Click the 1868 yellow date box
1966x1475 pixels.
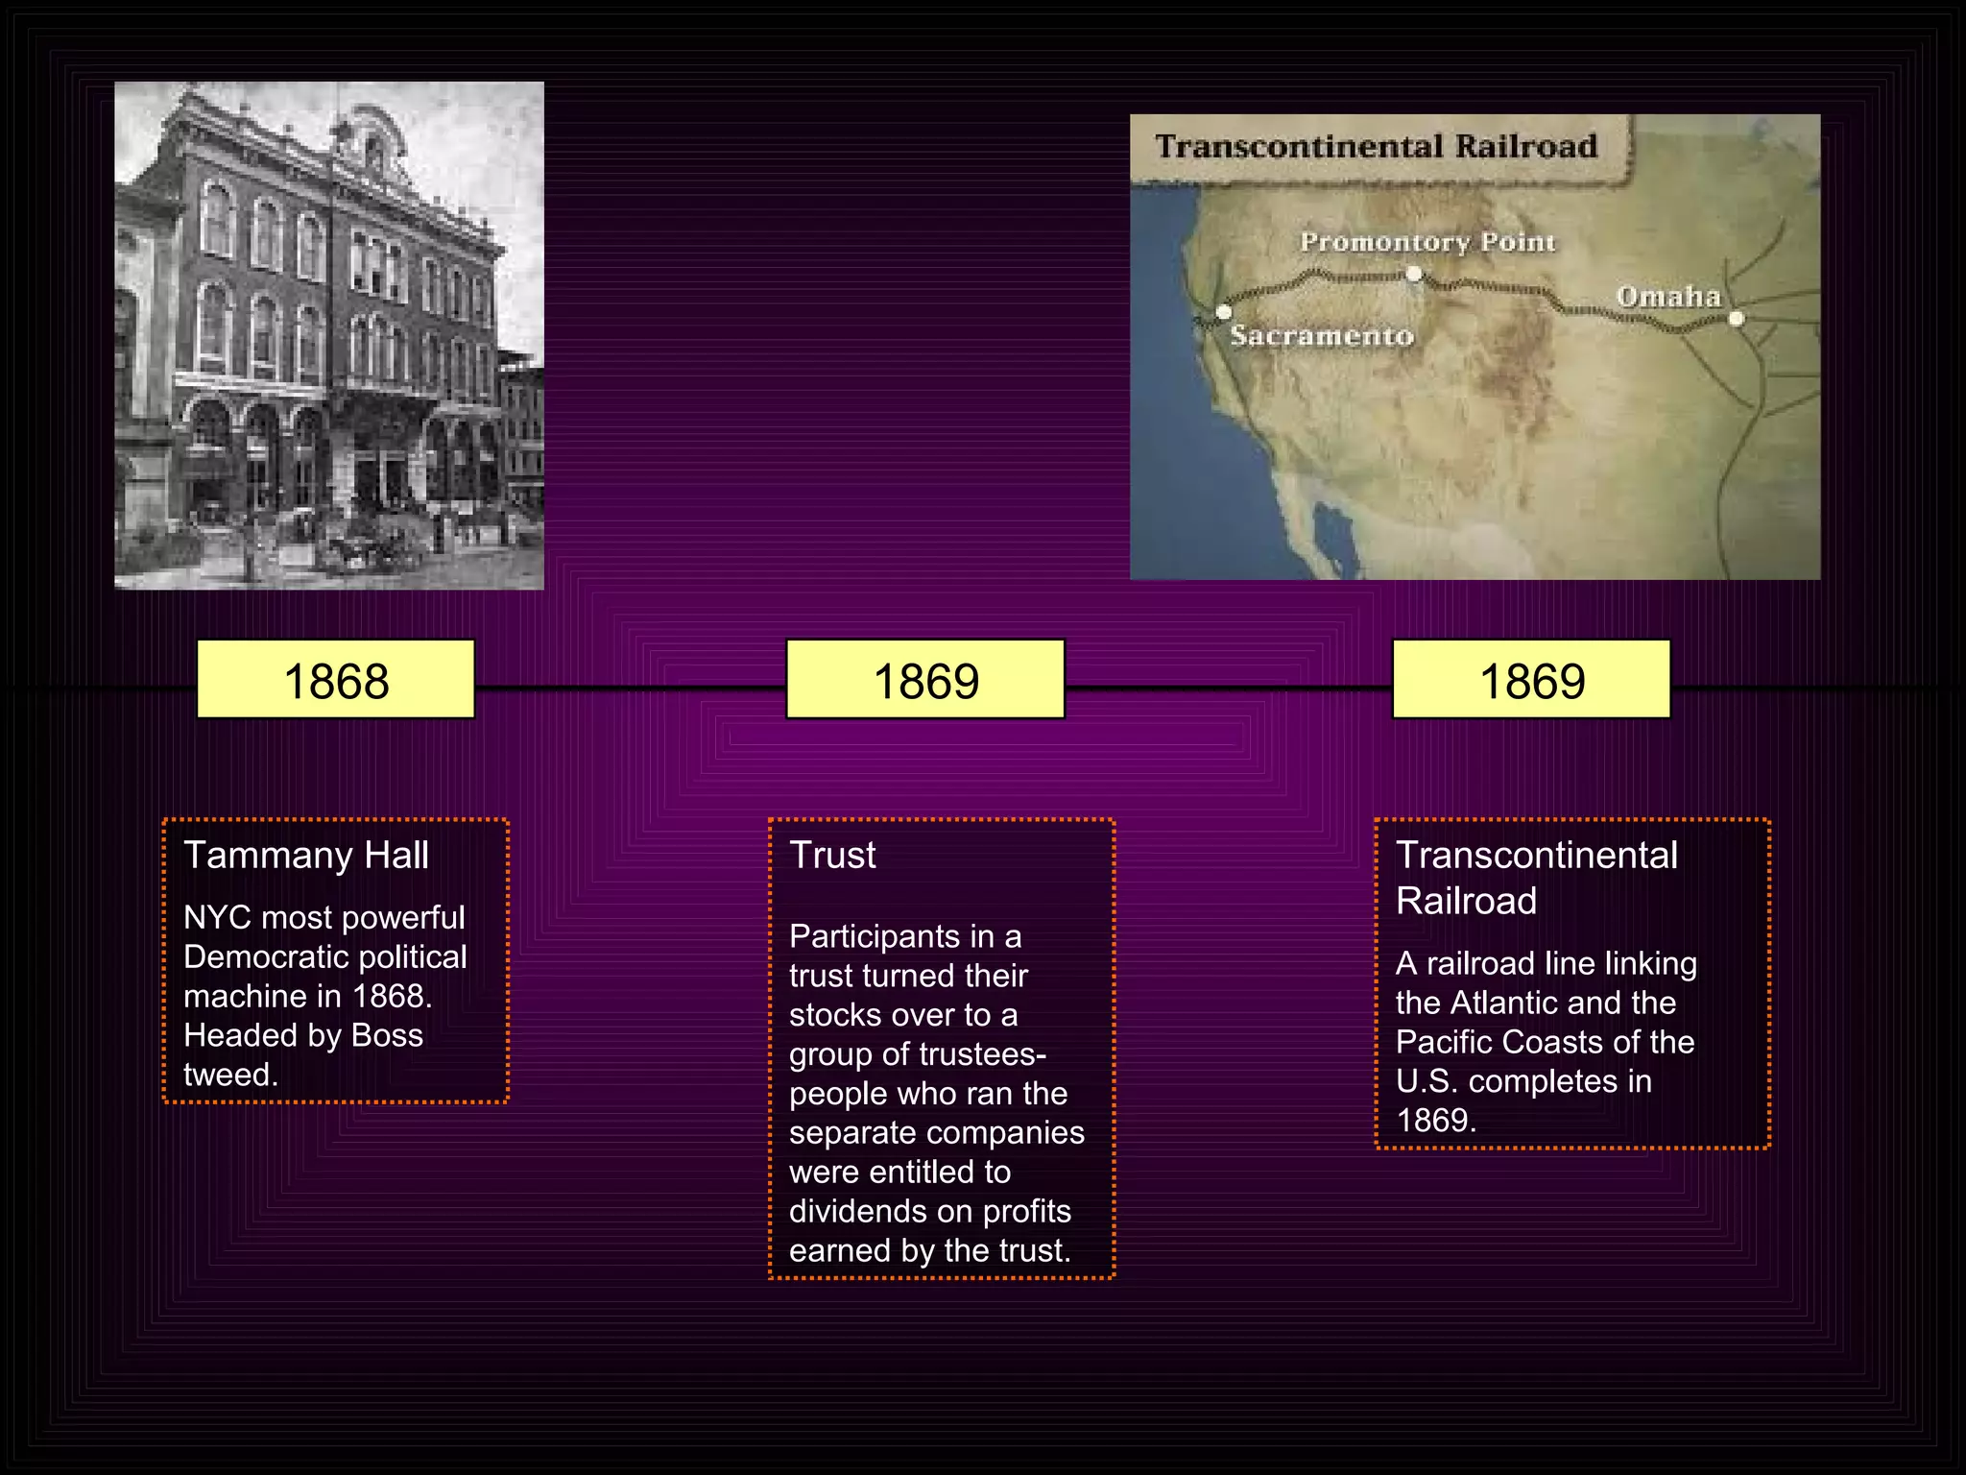click(x=336, y=680)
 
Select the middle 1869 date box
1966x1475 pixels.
click(x=925, y=680)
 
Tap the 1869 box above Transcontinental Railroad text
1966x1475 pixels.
click(x=1531, y=680)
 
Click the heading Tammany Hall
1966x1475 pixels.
click(x=306, y=855)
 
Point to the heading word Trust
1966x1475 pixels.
click(x=832, y=855)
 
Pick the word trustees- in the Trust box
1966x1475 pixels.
click(x=982, y=1054)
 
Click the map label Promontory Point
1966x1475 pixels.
click(x=1427, y=242)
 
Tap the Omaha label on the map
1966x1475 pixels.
click(x=1668, y=297)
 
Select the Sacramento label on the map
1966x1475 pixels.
click(x=1322, y=336)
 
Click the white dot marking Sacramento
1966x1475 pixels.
click(x=1224, y=312)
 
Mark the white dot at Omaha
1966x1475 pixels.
click(x=1737, y=319)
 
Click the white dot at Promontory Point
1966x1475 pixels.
click(x=1414, y=274)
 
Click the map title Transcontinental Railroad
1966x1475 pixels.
click(x=1376, y=146)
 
